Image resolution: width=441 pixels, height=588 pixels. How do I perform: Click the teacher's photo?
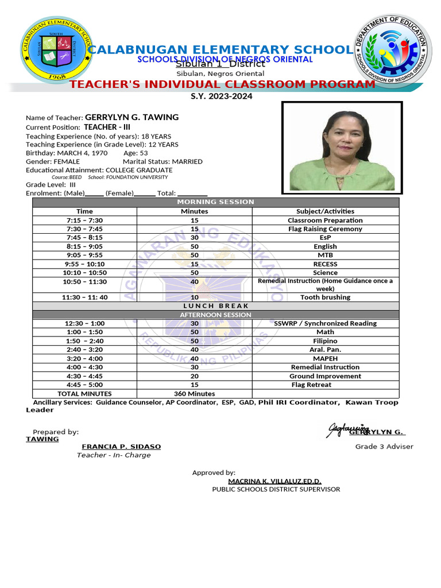342,148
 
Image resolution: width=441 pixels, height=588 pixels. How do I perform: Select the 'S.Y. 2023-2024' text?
221,96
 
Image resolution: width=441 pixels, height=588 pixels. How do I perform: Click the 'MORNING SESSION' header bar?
215,202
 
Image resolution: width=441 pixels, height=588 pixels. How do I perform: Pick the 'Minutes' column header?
194,211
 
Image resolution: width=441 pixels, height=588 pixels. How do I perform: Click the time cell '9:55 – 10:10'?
84,264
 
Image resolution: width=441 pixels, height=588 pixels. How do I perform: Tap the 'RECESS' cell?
325,264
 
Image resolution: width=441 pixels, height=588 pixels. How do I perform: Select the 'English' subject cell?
325,246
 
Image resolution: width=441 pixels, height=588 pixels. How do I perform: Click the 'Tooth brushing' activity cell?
325,297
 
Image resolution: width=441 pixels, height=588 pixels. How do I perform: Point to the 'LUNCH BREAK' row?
215,306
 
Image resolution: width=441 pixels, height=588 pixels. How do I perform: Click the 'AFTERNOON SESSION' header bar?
215,315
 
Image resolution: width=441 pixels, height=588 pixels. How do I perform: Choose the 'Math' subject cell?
325,332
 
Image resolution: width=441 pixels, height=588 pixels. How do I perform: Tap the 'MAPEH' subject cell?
325,358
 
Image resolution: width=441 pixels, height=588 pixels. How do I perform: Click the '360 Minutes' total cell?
194,394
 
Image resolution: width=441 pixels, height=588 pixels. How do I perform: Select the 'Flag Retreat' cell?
325,385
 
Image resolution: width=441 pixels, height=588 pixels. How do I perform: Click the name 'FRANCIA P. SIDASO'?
121,446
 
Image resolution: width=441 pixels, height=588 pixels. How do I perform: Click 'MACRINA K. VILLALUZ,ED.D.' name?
274,481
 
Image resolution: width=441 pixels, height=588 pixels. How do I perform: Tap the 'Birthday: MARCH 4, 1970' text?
67,153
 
